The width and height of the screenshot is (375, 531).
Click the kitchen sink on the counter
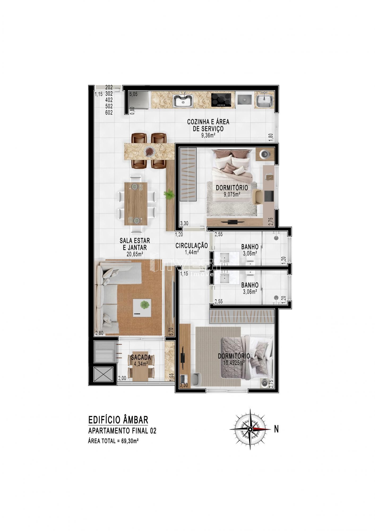(x=183, y=100)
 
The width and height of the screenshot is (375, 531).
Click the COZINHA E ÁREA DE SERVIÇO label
(x=208, y=125)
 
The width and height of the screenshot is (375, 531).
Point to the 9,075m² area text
(x=232, y=194)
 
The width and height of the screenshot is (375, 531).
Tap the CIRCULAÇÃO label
(x=192, y=246)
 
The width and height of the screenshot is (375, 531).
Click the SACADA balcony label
(x=141, y=357)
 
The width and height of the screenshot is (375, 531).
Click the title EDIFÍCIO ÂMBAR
(x=118, y=420)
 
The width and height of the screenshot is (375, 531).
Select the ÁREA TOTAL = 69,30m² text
(x=114, y=441)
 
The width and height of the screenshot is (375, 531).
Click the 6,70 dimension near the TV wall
(x=171, y=332)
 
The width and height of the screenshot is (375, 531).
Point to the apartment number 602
(x=109, y=112)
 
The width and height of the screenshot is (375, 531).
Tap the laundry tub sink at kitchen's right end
(x=264, y=101)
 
